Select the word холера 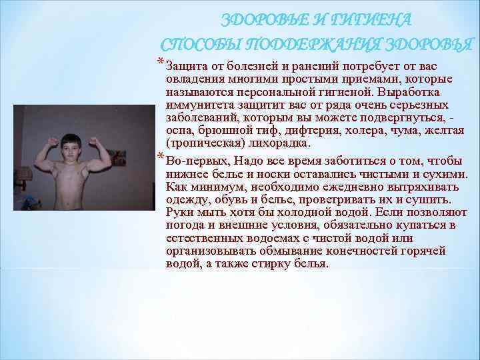[363, 131]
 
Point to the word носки [253, 174]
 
